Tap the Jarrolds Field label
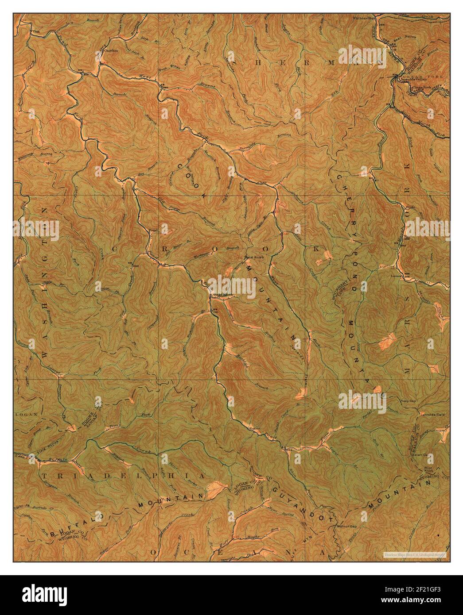(x=432, y=415)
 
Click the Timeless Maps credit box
(x=414, y=554)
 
